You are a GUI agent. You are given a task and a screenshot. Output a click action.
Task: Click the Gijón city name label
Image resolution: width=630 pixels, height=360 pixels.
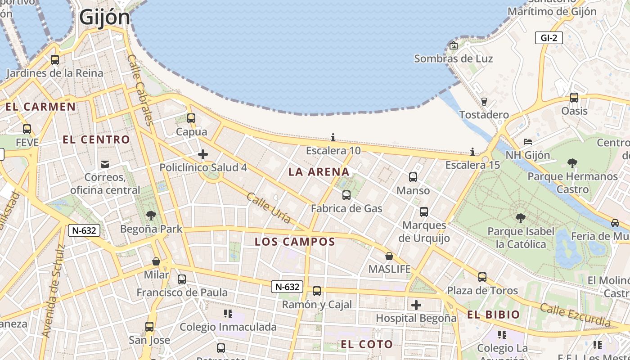tap(104, 18)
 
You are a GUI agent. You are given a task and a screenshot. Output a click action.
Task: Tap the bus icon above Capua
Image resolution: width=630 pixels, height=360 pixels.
tap(191, 118)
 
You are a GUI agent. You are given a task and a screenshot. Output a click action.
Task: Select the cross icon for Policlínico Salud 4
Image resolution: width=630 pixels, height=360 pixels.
tap(203, 155)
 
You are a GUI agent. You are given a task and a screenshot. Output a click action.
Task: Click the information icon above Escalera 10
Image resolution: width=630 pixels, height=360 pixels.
tap(333, 137)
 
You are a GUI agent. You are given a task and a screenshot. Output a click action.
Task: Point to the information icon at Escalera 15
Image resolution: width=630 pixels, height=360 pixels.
tap(472, 152)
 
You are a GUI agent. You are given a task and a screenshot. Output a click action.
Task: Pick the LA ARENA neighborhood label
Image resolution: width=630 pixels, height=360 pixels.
tap(319, 171)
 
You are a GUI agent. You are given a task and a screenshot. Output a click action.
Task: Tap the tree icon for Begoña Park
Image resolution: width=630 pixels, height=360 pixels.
tap(151, 216)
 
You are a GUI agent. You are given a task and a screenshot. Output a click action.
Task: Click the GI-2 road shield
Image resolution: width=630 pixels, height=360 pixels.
tap(549, 38)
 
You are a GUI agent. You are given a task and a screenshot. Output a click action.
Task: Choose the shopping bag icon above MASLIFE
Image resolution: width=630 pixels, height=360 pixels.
tap(389, 256)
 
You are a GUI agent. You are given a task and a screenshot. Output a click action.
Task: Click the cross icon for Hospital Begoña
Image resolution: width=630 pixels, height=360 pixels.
tap(416, 305)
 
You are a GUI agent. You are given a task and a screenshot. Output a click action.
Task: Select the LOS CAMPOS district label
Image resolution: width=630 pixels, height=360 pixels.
tap(295, 242)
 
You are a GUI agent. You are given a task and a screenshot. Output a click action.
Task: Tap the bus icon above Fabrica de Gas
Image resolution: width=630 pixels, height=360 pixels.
tap(346, 195)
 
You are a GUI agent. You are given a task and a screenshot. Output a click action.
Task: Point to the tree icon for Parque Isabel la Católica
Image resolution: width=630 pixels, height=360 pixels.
tap(521, 218)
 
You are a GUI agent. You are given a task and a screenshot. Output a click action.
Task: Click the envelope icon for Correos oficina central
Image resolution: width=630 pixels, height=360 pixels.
tap(105, 164)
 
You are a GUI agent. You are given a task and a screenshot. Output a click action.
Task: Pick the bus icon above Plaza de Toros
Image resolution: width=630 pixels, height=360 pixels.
tap(482, 277)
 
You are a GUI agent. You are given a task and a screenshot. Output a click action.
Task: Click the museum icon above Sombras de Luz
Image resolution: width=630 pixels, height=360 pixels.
tap(454, 45)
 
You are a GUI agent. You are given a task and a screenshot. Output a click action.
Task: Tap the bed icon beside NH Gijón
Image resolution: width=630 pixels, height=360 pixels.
tap(528, 142)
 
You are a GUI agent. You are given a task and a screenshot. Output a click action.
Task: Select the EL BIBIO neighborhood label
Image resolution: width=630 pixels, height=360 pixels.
tap(493, 315)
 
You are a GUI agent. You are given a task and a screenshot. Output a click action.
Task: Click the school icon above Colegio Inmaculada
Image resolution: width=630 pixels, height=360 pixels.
tap(228, 313)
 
